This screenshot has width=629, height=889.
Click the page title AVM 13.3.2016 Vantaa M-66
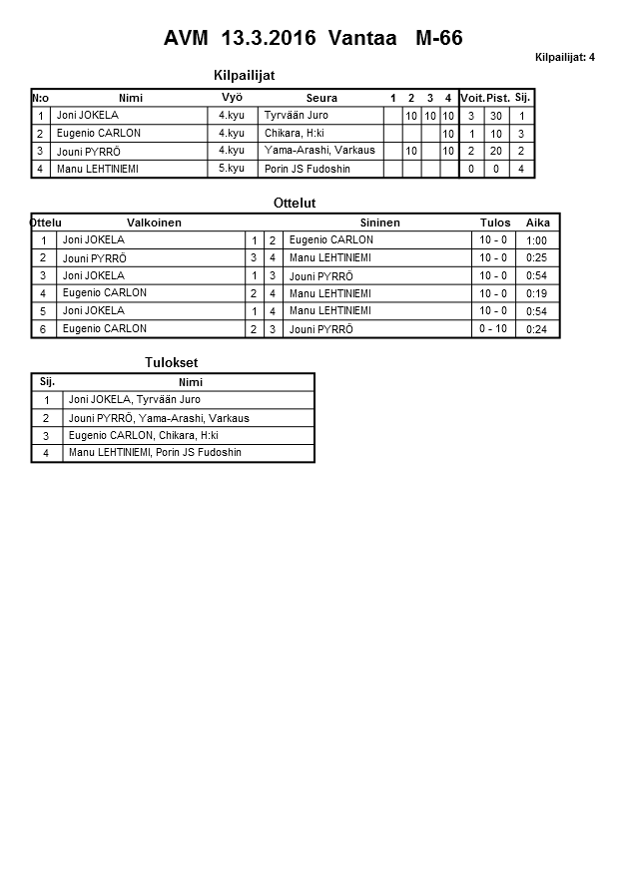314,38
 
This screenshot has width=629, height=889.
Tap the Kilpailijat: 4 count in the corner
564,57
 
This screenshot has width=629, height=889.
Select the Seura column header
321,98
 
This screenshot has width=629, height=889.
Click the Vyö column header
232,97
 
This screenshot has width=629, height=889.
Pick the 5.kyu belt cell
232,169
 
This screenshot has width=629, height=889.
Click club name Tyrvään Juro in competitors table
296,116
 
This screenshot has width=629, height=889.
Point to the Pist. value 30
496,116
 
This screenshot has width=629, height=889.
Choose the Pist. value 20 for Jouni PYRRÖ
496,152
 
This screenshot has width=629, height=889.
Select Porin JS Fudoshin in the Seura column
308,169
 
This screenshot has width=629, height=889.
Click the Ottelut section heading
295,203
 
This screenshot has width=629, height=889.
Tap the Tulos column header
494,222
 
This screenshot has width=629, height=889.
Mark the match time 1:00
536,240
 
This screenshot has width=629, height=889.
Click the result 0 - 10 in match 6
493,329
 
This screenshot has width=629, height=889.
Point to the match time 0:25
536,258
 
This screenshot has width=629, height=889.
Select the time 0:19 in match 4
536,294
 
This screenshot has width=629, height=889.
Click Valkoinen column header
154,222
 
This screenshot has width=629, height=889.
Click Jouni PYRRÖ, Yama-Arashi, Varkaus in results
159,418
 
